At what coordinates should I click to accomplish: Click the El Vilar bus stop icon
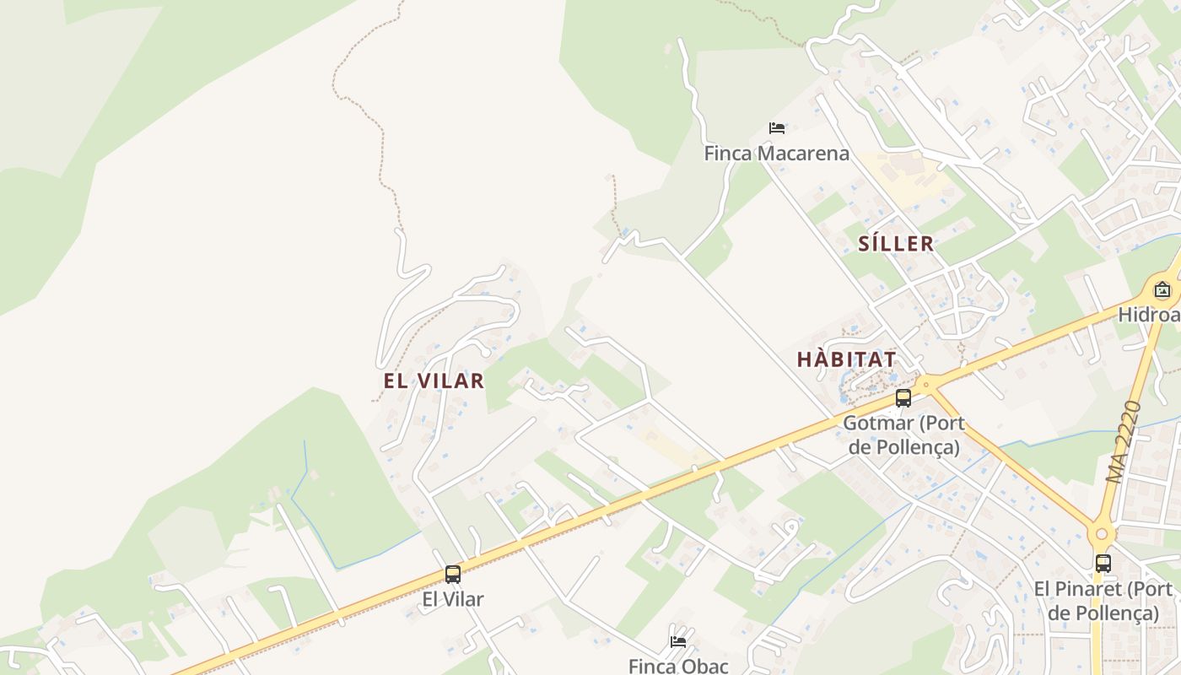click(453, 575)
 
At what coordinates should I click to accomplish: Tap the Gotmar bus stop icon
click(903, 398)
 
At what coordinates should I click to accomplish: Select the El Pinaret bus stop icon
click(1103, 564)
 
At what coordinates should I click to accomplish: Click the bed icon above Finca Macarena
click(777, 128)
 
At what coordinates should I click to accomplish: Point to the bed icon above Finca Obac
click(677, 641)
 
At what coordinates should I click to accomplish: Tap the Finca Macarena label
click(776, 154)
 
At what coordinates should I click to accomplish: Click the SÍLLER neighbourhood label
click(896, 244)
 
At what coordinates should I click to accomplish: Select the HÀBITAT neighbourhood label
click(846, 359)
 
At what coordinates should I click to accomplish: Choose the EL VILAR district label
click(434, 381)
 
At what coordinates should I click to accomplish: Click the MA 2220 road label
click(1124, 442)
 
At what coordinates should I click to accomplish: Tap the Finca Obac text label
click(677, 666)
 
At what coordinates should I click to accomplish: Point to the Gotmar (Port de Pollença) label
click(903, 435)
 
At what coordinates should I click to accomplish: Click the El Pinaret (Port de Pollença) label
click(1103, 601)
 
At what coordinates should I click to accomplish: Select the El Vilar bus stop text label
click(453, 599)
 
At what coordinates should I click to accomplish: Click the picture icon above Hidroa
click(1162, 290)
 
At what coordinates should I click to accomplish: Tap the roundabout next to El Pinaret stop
click(1101, 534)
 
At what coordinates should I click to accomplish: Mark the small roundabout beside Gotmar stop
click(926, 385)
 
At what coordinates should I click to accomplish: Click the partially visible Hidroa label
click(1149, 315)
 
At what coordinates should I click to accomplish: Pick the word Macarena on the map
click(808, 154)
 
